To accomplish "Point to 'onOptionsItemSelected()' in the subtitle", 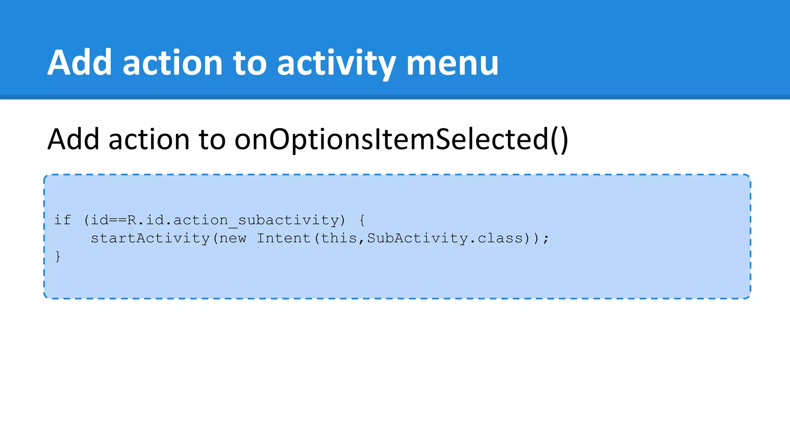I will coord(401,140).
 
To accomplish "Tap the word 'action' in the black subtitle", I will coord(149,140).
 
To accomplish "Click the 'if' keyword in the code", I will coord(62,220).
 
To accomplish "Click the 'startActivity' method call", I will coord(150,239).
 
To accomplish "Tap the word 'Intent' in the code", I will coord(284,239).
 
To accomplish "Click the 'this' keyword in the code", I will coord(339,239).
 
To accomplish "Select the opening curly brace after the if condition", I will coord(362,220).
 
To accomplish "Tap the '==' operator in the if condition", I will coord(118,220).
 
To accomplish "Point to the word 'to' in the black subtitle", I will coord(212,140).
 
